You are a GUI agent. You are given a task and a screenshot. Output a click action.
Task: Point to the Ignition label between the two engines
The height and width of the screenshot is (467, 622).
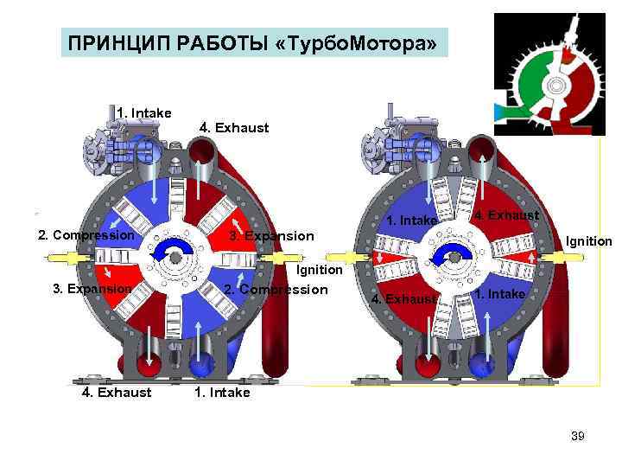(x=320, y=271)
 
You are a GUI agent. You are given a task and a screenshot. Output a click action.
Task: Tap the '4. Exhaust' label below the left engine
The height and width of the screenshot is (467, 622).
(x=117, y=393)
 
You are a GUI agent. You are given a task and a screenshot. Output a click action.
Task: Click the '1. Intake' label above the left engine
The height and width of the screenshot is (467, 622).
(x=144, y=112)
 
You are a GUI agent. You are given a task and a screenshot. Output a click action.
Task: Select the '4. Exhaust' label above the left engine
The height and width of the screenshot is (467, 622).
(x=233, y=127)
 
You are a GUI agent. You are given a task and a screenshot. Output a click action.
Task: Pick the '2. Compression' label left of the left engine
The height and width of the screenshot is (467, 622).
(x=86, y=235)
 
